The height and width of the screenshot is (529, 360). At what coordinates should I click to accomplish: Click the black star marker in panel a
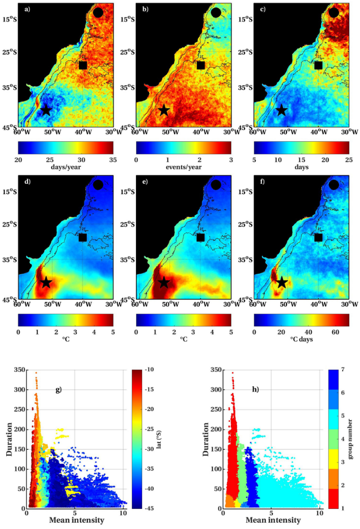[46, 110]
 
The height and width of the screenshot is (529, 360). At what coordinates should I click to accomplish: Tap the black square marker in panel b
[201, 65]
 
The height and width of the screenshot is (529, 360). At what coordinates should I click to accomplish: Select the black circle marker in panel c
[334, 12]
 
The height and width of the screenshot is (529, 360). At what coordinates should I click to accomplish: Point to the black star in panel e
[164, 282]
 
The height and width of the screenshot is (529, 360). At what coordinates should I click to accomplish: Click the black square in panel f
[319, 237]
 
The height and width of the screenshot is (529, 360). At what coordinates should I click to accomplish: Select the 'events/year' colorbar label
[184, 166]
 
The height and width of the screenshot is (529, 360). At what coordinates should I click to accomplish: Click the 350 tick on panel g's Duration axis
[18, 370]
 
